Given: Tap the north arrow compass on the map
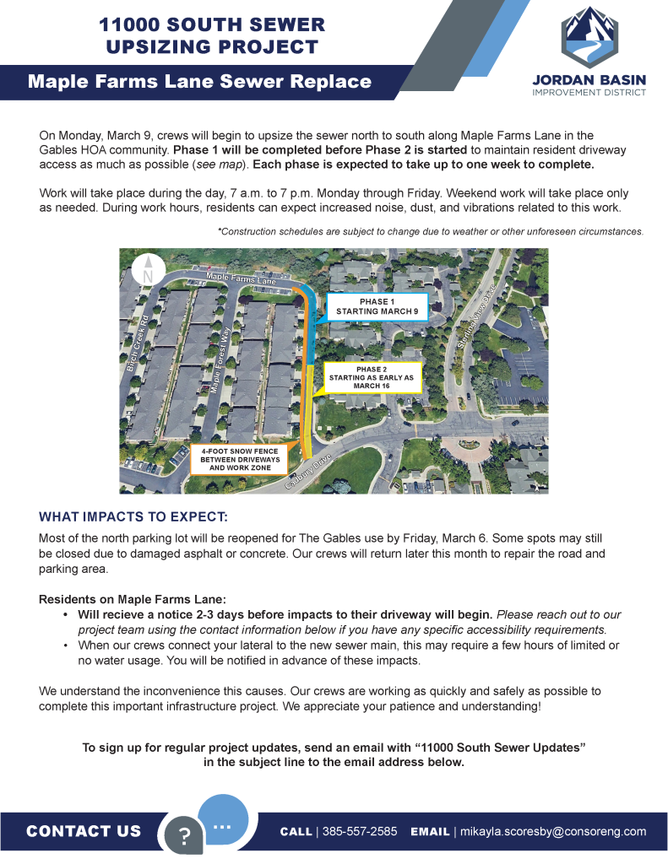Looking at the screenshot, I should pos(148,271).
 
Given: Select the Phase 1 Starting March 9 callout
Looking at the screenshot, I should pos(377,307).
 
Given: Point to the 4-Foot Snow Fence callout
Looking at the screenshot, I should pos(240,459).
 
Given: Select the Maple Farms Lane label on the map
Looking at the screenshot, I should pos(241,278).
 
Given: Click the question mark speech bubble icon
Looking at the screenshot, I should pos(185,836).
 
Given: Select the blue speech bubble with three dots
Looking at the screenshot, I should pos(223,818).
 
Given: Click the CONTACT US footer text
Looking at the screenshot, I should pos(84,831).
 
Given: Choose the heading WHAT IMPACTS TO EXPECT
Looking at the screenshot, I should pos(133,516).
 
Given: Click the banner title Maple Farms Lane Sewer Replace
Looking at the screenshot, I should pos(199,82).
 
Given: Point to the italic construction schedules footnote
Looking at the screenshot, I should pos(431,230).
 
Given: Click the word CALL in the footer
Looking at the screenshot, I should pos(296,831).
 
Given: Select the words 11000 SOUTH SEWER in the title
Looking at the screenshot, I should pos(209,24).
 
